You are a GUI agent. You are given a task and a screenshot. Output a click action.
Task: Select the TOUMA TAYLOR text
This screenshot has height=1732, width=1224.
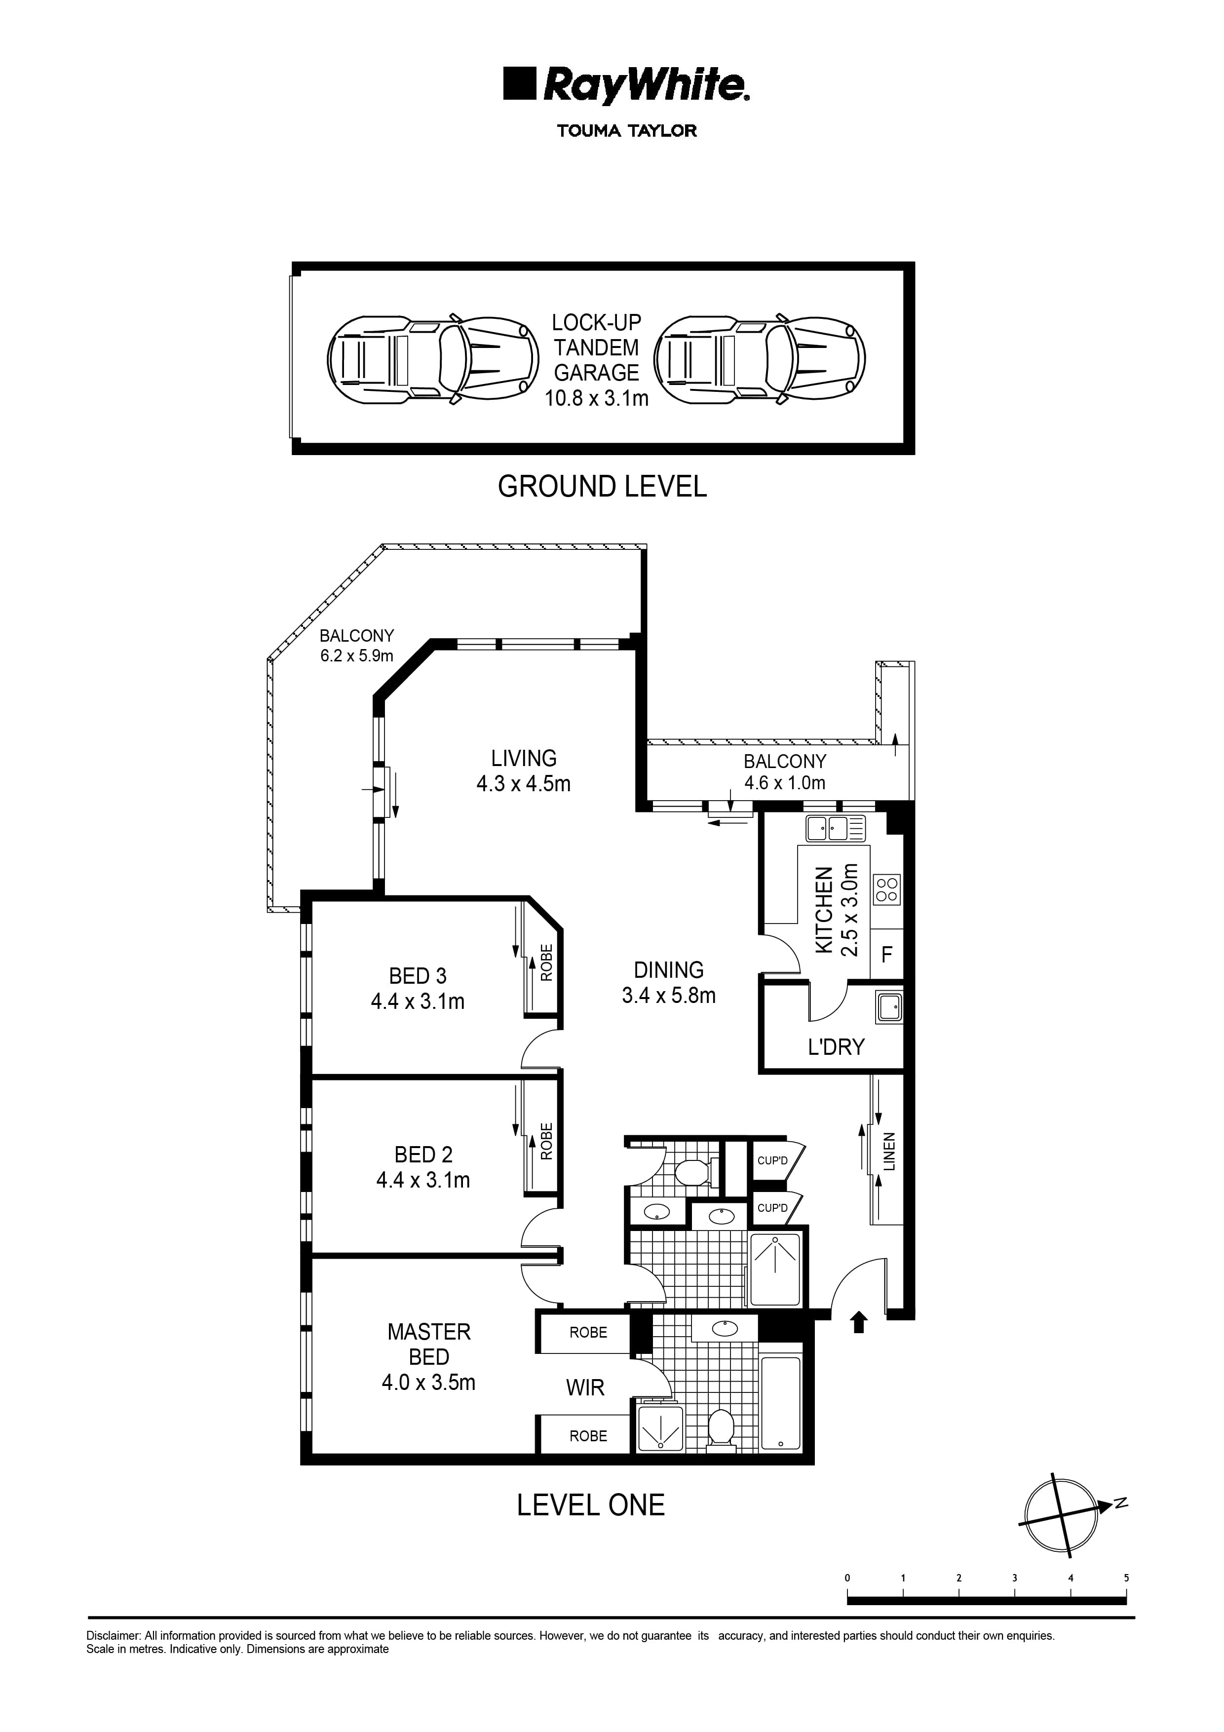click(x=627, y=130)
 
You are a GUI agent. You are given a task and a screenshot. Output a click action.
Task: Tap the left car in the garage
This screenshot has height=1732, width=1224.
click(x=433, y=359)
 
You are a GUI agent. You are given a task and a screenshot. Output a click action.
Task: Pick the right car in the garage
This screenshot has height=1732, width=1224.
click(x=760, y=359)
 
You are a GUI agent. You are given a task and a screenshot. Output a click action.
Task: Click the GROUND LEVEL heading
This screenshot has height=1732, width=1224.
click(x=602, y=487)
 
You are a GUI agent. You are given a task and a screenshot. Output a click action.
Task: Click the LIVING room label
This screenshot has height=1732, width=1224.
click(x=523, y=758)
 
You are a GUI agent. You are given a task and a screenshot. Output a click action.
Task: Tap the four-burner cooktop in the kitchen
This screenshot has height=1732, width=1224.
click(x=887, y=889)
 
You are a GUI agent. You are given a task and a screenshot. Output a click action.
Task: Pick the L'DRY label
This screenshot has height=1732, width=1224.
click(x=835, y=1047)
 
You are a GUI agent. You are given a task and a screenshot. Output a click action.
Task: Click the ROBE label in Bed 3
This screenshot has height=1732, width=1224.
click(x=547, y=962)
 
